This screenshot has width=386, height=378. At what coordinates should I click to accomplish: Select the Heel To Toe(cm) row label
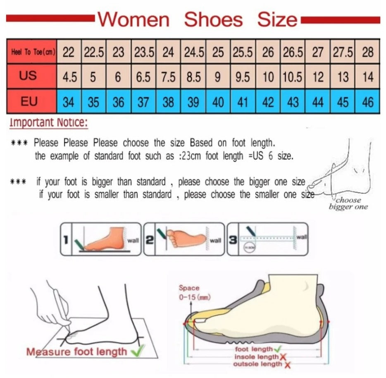click(x=31, y=53)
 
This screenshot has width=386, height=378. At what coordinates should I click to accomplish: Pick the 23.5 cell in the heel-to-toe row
click(x=143, y=53)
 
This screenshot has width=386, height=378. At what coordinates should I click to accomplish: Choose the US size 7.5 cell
click(x=168, y=77)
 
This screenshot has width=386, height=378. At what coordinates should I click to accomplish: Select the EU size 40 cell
click(x=218, y=102)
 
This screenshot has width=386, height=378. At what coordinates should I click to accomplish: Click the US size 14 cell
click(x=367, y=77)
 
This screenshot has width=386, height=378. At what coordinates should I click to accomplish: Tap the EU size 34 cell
click(x=69, y=102)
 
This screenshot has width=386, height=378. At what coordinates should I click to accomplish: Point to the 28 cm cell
click(x=367, y=53)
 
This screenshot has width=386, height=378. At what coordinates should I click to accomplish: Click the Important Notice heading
click(x=49, y=123)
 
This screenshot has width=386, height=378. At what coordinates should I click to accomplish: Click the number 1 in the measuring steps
click(x=65, y=240)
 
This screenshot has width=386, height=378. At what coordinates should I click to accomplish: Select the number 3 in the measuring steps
click(x=233, y=240)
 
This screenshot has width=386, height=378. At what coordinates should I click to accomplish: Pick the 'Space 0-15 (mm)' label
click(x=189, y=292)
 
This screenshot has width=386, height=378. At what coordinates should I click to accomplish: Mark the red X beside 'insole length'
click(x=283, y=357)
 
